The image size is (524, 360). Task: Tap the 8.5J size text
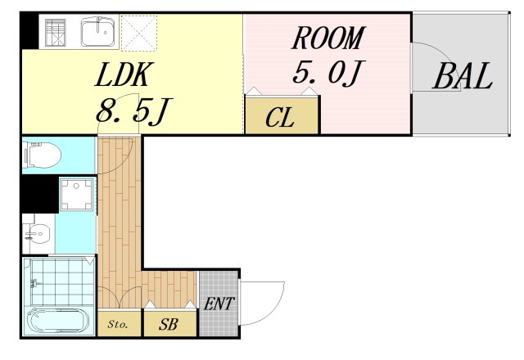click(133, 111)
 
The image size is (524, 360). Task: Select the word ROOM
click(328, 38)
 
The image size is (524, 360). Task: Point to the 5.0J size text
click(328, 72)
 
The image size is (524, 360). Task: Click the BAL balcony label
click(463, 76)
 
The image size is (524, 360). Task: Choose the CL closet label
click(280, 118)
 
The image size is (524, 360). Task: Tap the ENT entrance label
click(219, 304)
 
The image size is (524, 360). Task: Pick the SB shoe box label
click(169, 324)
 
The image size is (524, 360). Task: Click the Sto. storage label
click(118, 324)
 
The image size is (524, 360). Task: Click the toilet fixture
click(43, 155)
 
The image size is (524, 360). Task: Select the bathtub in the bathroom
click(57, 321)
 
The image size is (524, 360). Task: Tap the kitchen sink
click(98, 32)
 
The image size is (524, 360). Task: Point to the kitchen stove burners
click(56, 33)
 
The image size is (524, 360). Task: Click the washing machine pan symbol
click(76, 195)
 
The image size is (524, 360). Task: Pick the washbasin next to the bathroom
click(38, 232)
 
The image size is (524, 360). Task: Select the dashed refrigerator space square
click(139, 33)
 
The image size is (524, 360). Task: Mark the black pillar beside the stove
click(29, 30)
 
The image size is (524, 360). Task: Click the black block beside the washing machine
click(39, 194)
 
